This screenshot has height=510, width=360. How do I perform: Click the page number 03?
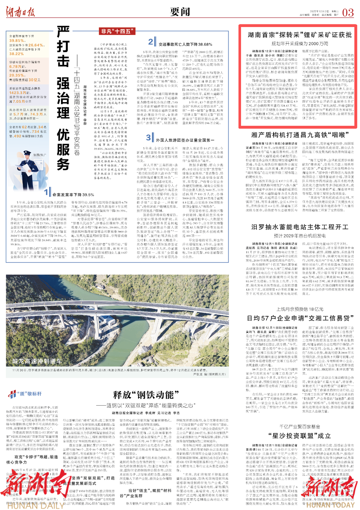pos(348,13)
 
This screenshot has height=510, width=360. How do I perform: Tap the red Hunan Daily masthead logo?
pos(20,12)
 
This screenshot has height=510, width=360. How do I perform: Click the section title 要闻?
pos(180,12)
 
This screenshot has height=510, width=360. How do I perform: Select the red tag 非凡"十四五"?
pos(117,31)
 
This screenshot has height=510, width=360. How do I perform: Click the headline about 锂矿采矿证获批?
pos(300,35)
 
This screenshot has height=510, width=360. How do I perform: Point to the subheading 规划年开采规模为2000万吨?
pos(299,44)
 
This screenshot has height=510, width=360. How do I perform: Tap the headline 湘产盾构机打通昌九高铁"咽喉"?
pos(300,135)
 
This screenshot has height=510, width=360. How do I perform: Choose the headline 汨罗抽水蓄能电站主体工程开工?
pos(300,227)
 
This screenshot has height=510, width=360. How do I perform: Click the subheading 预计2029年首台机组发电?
pos(300,235)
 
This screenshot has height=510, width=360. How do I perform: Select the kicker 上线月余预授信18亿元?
pos(300,309)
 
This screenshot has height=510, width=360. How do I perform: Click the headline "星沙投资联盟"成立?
pos(300,436)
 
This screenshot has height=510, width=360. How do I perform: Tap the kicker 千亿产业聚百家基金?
pos(300,427)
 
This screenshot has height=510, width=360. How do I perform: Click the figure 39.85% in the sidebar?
pos(17,41)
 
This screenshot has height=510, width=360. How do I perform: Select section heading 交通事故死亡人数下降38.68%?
pos(185,44)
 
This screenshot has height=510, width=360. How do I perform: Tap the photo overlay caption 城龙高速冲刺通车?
pos(37,361)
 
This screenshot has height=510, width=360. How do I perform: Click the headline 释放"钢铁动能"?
pos(144,395)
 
